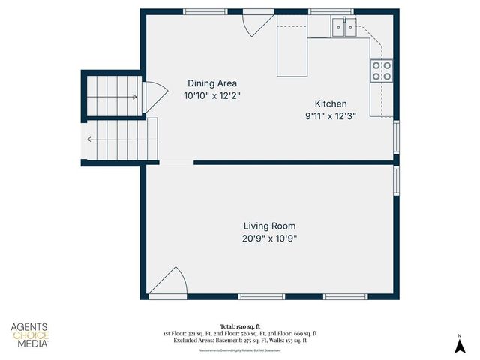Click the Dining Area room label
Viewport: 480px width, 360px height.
point(212,83)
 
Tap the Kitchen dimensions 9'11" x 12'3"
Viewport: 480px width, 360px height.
point(330,115)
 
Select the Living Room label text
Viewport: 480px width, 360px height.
point(269,226)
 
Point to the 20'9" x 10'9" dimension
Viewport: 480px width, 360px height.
point(269,238)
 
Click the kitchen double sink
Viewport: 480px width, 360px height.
point(344,28)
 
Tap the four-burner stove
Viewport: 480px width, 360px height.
point(381,71)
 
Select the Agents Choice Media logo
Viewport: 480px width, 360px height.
point(30,334)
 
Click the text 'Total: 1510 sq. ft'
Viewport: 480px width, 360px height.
point(240,326)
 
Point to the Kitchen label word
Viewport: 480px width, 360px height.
point(330,103)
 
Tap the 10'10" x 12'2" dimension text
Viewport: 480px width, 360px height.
point(212,96)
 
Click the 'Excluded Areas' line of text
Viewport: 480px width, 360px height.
point(240,340)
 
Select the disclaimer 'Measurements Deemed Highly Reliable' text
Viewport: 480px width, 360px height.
point(240,350)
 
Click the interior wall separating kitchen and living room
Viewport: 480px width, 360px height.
point(292,162)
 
